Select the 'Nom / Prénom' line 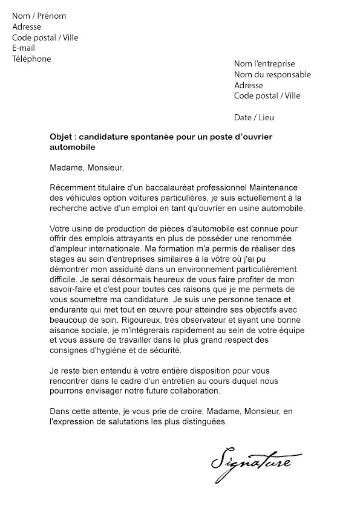(x=39, y=16)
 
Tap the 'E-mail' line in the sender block (x=24, y=48)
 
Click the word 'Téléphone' (x=31, y=59)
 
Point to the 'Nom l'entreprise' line (x=264, y=63)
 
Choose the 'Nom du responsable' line (x=272, y=74)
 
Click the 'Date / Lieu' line (x=258, y=117)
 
